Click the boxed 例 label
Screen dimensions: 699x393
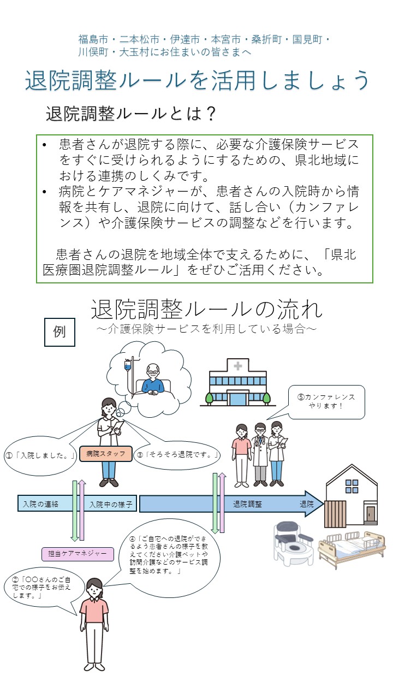click(x=59, y=332)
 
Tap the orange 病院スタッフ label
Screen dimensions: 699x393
click(x=106, y=454)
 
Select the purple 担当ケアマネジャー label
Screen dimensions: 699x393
click(x=78, y=554)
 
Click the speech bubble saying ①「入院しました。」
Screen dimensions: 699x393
click(x=39, y=454)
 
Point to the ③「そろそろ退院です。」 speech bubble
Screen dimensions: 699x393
click(x=178, y=454)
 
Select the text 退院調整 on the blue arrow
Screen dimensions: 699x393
click(x=247, y=504)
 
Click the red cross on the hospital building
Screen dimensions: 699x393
click(x=237, y=366)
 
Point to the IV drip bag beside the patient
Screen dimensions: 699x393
click(x=128, y=365)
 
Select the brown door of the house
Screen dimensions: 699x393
click(x=371, y=515)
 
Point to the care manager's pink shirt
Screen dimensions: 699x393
click(x=94, y=609)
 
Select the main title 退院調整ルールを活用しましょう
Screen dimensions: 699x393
click(x=197, y=81)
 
